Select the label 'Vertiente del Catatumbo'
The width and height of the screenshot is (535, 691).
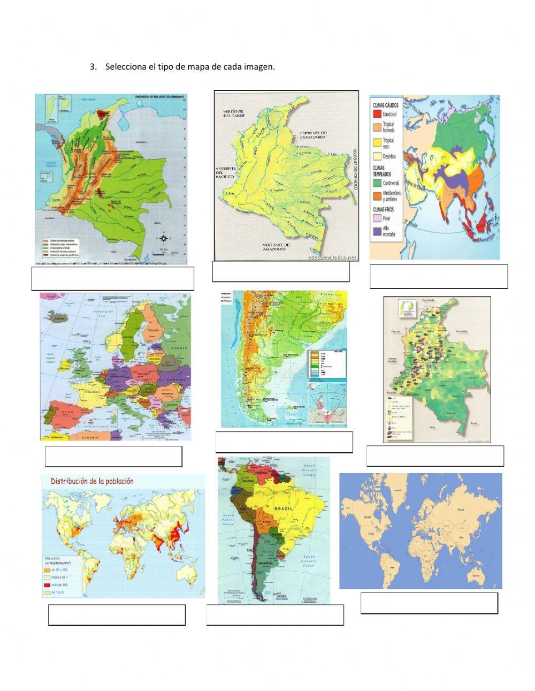[x=314, y=135]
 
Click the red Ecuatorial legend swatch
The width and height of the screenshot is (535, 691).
[x=377, y=114]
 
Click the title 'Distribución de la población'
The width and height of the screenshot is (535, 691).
[x=92, y=481]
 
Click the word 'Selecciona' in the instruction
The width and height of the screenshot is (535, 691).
[x=123, y=67]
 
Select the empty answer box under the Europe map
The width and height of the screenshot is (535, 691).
[x=113, y=456]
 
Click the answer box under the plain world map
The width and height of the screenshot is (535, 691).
[x=429, y=603]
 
